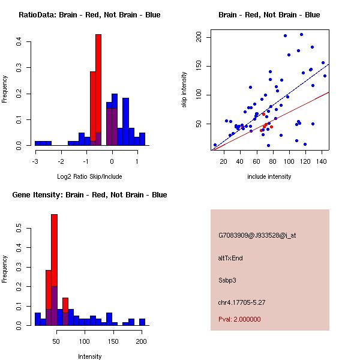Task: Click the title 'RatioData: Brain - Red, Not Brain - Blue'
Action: (x=89, y=15)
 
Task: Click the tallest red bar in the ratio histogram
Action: (x=98, y=90)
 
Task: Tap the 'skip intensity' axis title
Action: (x=184, y=89)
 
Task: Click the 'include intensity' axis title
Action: (x=269, y=176)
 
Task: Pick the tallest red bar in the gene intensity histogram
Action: (x=54, y=269)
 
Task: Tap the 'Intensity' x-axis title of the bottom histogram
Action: (x=89, y=356)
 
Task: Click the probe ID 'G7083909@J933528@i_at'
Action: (x=257, y=235)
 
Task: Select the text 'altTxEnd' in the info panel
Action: (x=231, y=258)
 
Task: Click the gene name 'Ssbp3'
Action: (x=228, y=280)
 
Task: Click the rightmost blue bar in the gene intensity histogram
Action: (x=142, y=322)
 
